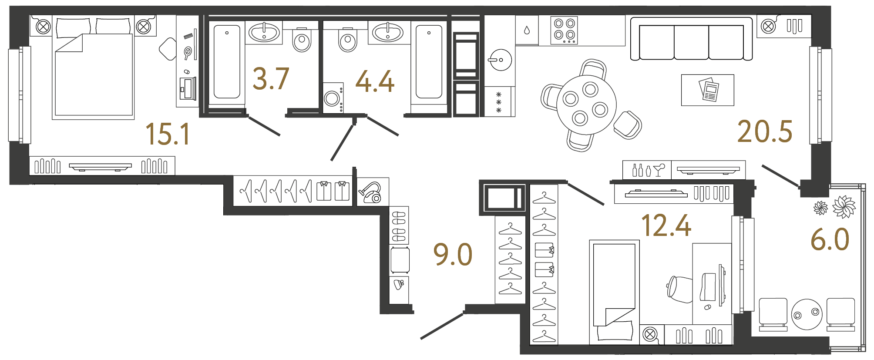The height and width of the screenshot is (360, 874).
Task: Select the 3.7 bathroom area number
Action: (x=271, y=79)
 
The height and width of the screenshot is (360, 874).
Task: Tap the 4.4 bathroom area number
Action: (x=375, y=82)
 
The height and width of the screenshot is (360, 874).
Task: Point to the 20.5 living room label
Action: (x=765, y=132)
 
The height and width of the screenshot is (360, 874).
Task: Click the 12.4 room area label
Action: (x=666, y=226)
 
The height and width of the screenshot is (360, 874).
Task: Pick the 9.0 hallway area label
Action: (x=453, y=255)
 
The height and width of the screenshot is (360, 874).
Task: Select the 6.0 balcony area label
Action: (x=830, y=239)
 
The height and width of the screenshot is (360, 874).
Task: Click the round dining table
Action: (x=586, y=104)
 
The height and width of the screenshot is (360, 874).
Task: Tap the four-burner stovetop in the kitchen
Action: (x=564, y=30)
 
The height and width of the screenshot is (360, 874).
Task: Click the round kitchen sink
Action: (x=501, y=60)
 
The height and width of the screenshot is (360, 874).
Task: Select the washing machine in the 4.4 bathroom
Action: (x=333, y=98)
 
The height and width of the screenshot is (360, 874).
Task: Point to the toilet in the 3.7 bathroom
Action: (x=302, y=40)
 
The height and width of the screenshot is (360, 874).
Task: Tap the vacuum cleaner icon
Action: (x=370, y=192)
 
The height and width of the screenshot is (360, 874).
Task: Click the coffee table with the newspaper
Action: (x=707, y=90)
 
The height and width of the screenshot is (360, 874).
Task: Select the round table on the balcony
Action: (x=807, y=314)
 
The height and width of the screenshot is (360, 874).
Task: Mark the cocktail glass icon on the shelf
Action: (x=659, y=170)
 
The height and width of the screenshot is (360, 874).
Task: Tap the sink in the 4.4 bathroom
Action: (x=388, y=32)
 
